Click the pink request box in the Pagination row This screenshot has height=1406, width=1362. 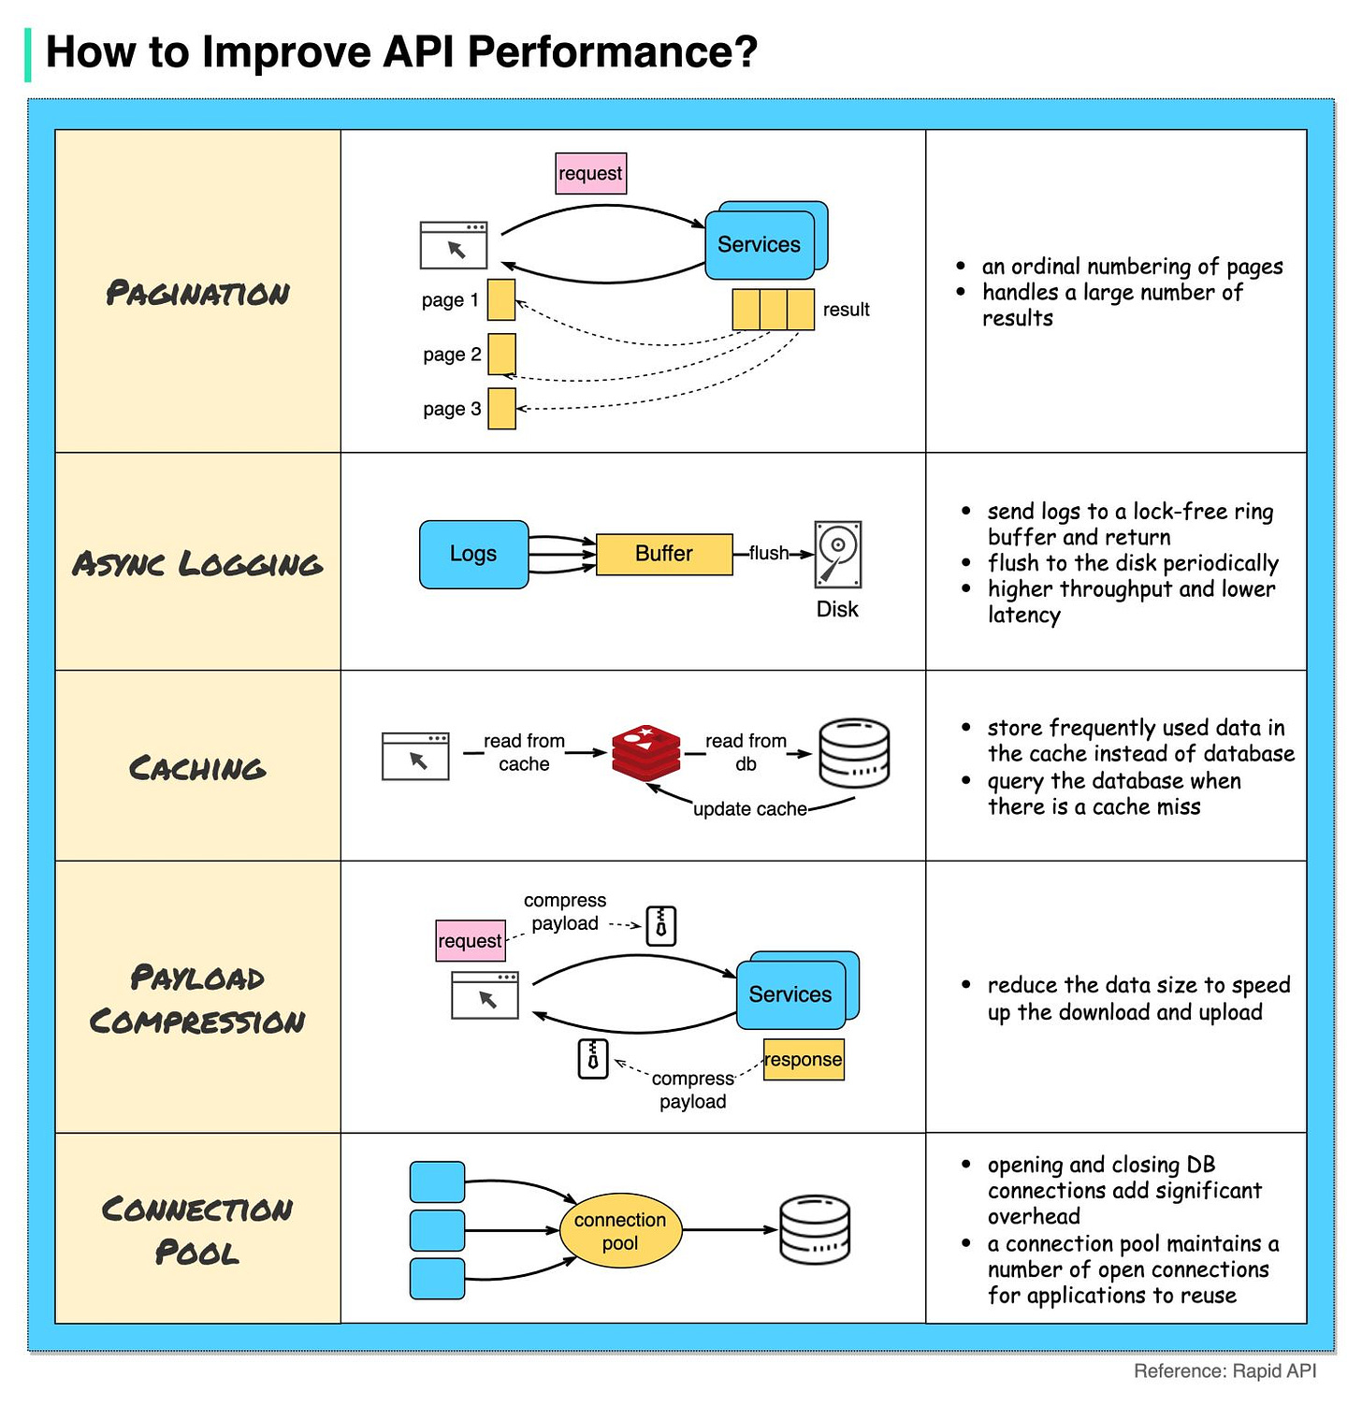coord(590,174)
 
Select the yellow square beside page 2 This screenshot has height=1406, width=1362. coord(501,355)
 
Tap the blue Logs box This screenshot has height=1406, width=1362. coord(473,554)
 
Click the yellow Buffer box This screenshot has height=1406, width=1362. coord(664,554)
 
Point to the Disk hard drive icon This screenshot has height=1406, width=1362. coord(837,555)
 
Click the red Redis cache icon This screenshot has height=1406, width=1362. coord(646,752)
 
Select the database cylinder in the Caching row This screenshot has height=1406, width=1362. coord(854,753)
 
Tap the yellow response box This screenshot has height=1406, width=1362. coord(804,1060)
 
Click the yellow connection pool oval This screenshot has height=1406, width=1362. coord(620,1231)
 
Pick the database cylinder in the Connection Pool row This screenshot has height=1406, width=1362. coord(815,1230)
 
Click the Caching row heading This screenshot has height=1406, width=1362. coord(197,768)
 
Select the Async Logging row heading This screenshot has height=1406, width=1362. coord(197,564)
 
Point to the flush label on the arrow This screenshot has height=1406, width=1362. coord(769,553)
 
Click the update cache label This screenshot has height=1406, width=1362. coord(750,809)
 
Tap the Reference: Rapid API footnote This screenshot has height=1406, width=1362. coord(1224,1370)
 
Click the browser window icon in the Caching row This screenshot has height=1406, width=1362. coord(415,757)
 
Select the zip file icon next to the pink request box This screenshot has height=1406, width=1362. coord(661,926)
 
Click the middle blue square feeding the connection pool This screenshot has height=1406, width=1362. coord(437,1230)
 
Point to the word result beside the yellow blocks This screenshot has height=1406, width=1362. coord(846,310)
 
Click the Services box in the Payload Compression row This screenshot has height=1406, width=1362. coord(790,994)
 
